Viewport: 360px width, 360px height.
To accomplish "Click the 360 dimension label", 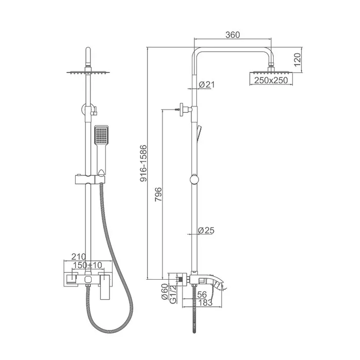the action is point(232,34).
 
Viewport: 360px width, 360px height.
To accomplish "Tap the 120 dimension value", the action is point(297,60).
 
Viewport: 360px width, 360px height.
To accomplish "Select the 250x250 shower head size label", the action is point(271,80).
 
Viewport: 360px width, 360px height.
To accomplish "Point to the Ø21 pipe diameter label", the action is point(207,84).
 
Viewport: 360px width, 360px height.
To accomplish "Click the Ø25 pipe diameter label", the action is point(206,230).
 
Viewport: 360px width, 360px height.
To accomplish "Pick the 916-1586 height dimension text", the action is point(143,163).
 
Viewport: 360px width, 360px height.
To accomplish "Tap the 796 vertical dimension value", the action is point(158,195).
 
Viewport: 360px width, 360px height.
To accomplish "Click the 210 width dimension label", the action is point(79,257).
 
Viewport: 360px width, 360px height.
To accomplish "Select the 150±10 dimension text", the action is point(87,265).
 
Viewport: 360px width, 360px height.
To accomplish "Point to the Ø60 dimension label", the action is point(165,292).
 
